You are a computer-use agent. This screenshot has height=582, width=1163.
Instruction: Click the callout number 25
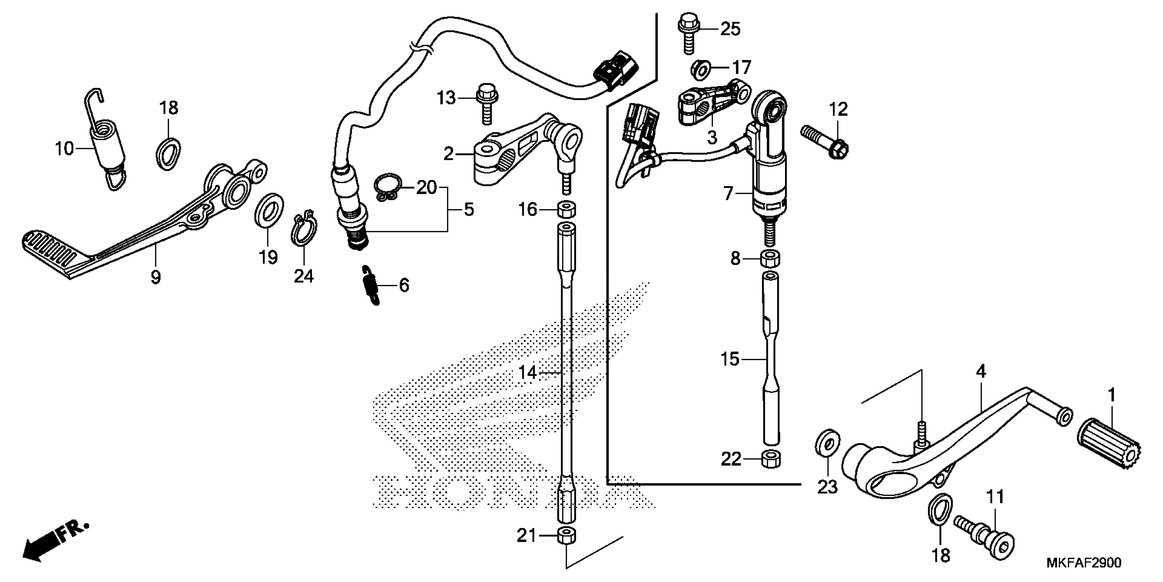pos(730,29)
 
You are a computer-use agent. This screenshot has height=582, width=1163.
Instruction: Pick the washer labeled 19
pos(269,209)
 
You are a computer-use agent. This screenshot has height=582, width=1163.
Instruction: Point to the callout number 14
pos(527,373)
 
